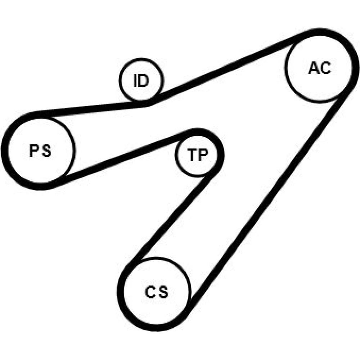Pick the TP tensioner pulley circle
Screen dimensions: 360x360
175,155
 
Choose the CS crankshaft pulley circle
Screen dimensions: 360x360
190,291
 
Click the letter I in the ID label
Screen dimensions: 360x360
135,80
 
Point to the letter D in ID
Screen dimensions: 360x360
144,80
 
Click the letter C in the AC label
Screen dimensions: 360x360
325,68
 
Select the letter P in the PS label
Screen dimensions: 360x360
34,150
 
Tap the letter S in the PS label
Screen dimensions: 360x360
46,150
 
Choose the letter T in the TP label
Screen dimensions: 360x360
192,154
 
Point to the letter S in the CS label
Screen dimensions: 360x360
163,292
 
